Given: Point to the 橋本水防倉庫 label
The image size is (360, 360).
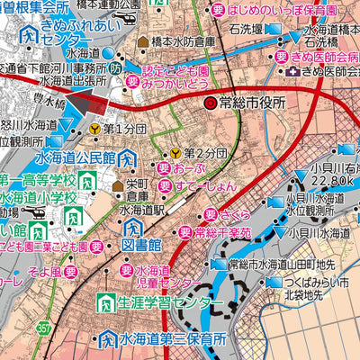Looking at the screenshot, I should coord(184,41).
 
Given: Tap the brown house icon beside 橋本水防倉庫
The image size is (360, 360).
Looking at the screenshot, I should coord(142,41).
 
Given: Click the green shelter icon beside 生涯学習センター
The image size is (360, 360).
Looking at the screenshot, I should coord(105,301).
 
